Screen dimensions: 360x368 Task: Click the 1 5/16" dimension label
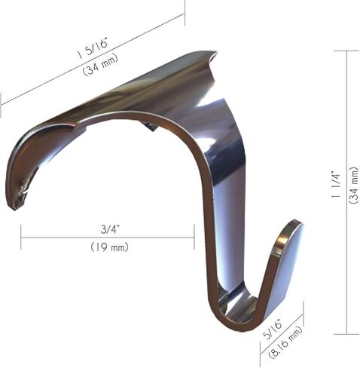tap(93, 48)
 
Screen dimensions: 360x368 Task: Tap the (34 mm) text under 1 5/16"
tap(100, 65)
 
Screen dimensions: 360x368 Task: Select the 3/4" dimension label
tap(110, 229)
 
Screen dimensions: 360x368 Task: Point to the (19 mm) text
tap(109, 247)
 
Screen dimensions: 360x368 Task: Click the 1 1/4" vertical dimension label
tap(336, 185)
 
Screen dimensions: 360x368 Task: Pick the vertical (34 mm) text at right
tap(353, 185)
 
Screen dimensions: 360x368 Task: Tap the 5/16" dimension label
tap(273, 328)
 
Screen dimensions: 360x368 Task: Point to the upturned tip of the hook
tap(294, 222)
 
